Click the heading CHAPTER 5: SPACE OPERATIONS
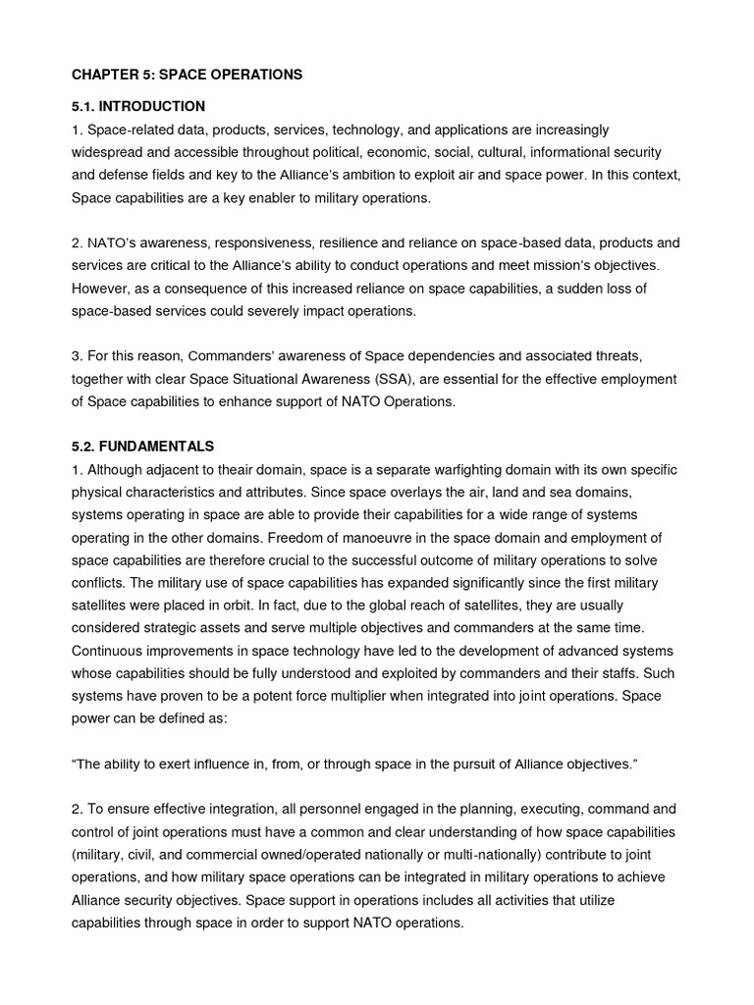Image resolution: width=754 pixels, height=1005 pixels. point(187,75)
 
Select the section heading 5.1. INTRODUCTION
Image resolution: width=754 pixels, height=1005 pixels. point(137,106)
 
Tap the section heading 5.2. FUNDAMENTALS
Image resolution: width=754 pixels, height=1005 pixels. point(142,446)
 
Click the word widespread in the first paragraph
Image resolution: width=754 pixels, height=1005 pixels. point(108,152)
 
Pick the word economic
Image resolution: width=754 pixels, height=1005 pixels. point(449,152)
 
